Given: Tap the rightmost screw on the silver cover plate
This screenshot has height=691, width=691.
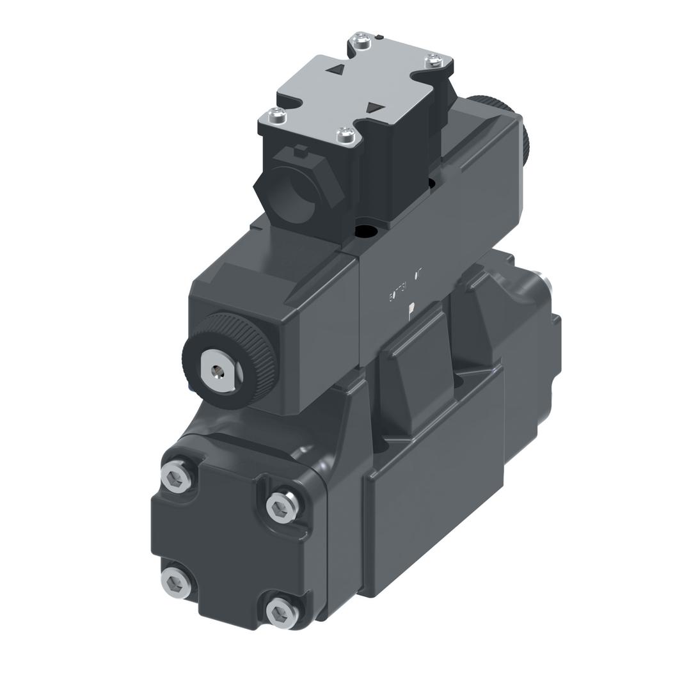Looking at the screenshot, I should (434, 61).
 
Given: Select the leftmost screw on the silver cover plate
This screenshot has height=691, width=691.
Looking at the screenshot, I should (276, 115).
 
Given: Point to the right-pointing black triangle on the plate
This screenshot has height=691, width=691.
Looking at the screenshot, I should (376, 108).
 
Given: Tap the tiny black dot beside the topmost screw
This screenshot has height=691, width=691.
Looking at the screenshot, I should (379, 38).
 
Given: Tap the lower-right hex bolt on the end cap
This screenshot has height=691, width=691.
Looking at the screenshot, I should (282, 615).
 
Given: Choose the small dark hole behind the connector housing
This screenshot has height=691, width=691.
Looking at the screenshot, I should (431, 184).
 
